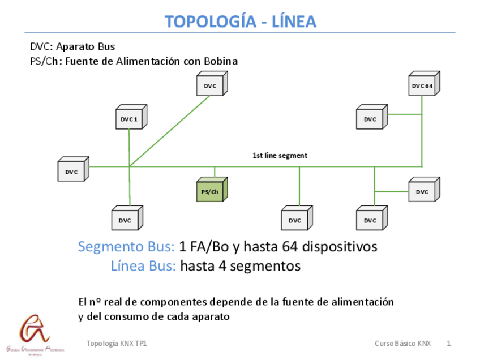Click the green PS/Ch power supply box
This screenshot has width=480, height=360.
(210, 191)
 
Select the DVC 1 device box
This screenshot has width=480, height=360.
(128, 119)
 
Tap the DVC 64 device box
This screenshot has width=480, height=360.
(422, 86)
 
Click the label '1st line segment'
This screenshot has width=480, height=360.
(280, 155)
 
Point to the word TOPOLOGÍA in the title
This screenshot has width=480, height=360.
(208, 22)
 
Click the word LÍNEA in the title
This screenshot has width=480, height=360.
(294, 22)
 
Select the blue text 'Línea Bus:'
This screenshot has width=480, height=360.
(143, 265)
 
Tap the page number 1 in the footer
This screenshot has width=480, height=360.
(448, 344)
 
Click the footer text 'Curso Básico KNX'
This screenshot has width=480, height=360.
(402, 344)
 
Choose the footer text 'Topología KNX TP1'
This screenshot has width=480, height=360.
(117, 344)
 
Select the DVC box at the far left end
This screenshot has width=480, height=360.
(71, 172)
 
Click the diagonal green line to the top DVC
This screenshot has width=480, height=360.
(170, 131)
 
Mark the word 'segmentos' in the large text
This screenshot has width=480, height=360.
(266, 265)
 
